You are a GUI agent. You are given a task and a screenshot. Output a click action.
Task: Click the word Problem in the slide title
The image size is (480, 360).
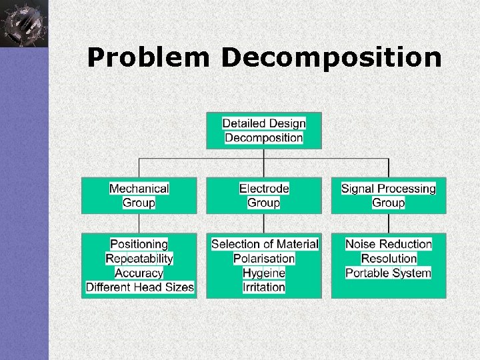pyautogui.click(x=148, y=58)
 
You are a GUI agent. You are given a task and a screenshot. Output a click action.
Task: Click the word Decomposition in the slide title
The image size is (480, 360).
pyautogui.click(x=331, y=58)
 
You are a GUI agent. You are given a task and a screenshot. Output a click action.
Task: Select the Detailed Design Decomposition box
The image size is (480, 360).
pyautogui.click(x=264, y=131)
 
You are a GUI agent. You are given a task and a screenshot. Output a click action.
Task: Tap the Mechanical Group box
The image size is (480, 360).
pyautogui.click(x=139, y=195)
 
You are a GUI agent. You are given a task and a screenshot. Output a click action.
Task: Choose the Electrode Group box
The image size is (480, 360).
pyautogui.click(x=264, y=195)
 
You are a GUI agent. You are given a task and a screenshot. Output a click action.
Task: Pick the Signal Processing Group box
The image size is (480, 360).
pyautogui.click(x=389, y=195)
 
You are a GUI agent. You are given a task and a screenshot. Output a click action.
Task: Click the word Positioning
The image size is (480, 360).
pyautogui.click(x=139, y=244)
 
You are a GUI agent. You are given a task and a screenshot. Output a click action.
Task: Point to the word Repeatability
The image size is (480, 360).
pyautogui.click(x=139, y=259)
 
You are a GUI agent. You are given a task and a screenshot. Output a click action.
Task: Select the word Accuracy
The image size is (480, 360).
pyautogui.click(x=139, y=273)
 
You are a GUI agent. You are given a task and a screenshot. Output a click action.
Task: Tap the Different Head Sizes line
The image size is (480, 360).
pyautogui.click(x=140, y=288)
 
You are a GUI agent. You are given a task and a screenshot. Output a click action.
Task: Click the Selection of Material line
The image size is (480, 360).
pyautogui.click(x=265, y=244)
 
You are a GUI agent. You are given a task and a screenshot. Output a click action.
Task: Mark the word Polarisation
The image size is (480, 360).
pyautogui.click(x=264, y=259)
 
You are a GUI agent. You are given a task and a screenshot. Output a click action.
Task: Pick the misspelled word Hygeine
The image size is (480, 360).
pyautogui.click(x=264, y=273)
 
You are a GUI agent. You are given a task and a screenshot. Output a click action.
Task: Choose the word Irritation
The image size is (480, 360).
pyautogui.click(x=264, y=288)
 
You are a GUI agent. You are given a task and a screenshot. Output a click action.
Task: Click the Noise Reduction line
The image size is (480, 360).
pyautogui.click(x=389, y=244)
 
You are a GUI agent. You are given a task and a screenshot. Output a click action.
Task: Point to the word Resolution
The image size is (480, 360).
pyautogui.click(x=389, y=259)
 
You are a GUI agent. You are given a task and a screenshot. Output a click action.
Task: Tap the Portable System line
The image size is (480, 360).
pyautogui.click(x=389, y=273)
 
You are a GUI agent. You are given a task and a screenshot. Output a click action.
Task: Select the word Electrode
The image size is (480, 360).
pyautogui.click(x=264, y=189)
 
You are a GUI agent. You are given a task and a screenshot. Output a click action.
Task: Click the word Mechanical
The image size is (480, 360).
pyautogui.click(x=139, y=189)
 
